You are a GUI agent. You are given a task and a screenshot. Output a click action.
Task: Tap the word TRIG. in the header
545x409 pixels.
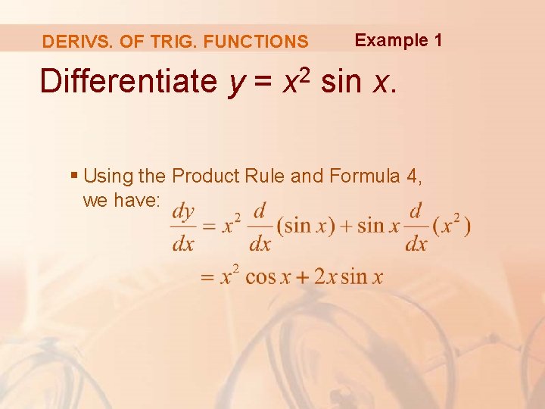tap(144, 42)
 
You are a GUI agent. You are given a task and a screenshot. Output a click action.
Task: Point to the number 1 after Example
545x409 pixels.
tap(438, 40)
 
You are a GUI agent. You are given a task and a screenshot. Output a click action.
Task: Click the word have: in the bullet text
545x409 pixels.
tap(137, 200)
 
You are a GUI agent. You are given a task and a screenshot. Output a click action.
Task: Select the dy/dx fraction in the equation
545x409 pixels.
tap(182, 226)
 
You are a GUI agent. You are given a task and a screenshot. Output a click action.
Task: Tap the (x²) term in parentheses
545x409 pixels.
tap(452, 226)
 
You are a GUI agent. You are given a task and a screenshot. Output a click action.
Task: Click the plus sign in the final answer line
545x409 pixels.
tap(304, 276)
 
